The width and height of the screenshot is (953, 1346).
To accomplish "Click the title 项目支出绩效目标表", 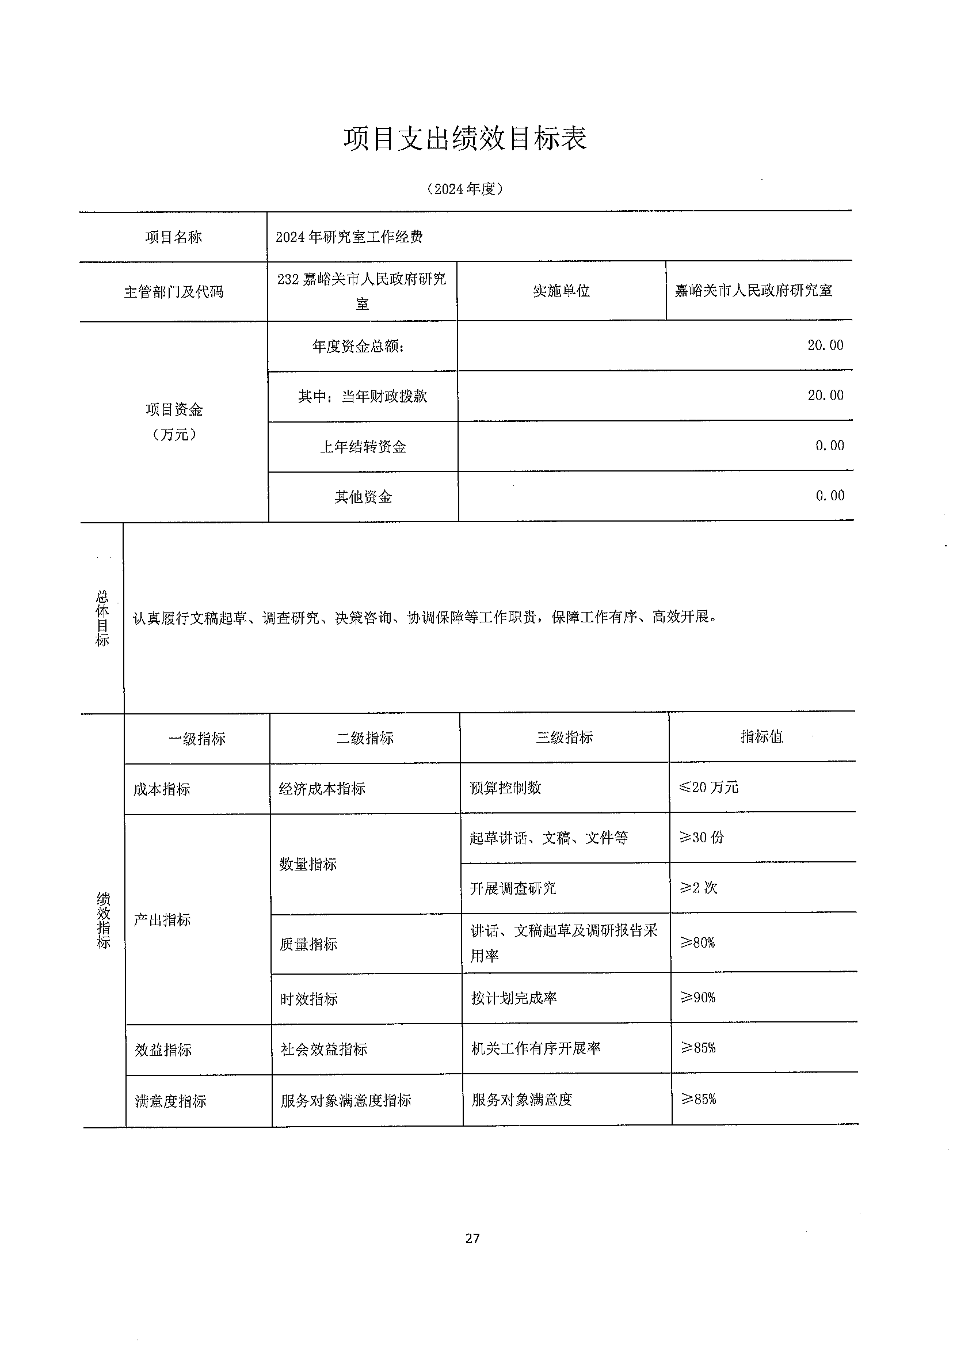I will (x=465, y=139).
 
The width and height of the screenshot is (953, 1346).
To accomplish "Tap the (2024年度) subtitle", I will (x=465, y=189).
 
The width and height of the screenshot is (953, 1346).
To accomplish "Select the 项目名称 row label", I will (x=174, y=237).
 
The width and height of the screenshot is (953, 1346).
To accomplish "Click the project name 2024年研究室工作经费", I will (x=349, y=237).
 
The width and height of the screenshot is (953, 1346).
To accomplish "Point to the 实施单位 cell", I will (x=561, y=291).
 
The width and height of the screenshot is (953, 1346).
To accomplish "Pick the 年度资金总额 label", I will (x=358, y=347).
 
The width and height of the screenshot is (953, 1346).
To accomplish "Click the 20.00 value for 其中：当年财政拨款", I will (x=825, y=396).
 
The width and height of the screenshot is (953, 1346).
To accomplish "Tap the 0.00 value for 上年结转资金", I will (x=829, y=446).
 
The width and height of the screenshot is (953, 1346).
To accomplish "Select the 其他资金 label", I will (x=363, y=497).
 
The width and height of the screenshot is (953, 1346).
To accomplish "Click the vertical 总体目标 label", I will (x=102, y=618).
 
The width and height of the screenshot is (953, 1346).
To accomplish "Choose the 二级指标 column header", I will (x=364, y=738).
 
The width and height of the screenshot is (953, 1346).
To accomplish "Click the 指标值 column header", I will (x=761, y=737).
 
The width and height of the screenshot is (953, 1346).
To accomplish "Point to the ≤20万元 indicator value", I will (x=708, y=787).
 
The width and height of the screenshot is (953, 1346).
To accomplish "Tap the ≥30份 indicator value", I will (x=702, y=837).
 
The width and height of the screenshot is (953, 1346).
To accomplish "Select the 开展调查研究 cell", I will (x=512, y=888).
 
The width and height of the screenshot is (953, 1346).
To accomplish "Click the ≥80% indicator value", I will (x=697, y=943).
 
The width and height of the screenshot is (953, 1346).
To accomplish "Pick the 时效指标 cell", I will (x=308, y=999).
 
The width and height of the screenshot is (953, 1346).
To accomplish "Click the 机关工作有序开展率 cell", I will (x=535, y=1048).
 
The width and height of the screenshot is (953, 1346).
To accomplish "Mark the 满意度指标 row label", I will (x=170, y=1101).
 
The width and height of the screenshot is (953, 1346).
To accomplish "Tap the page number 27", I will (x=472, y=1238).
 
